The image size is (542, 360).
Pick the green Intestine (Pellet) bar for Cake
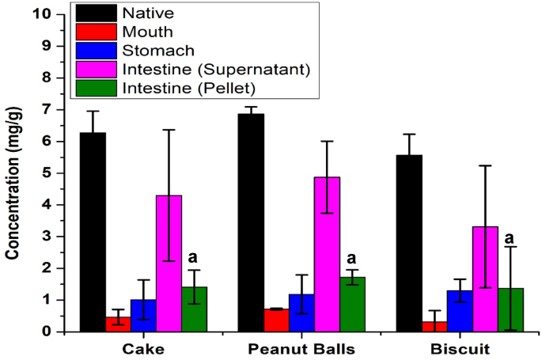pyautogui.click(x=194, y=309)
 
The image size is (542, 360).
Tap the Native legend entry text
pyautogui.click(x=144, y=13)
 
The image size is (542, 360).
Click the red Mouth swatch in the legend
pyautogui.click(x=95, y=32)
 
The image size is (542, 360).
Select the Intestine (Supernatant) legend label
pyautogui.click(x=216, y=69)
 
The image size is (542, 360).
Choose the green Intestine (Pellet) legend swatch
pyautogui.click(x=95, y=88)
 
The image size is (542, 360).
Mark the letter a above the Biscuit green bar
pyautogui.click(x=510, y=237)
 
